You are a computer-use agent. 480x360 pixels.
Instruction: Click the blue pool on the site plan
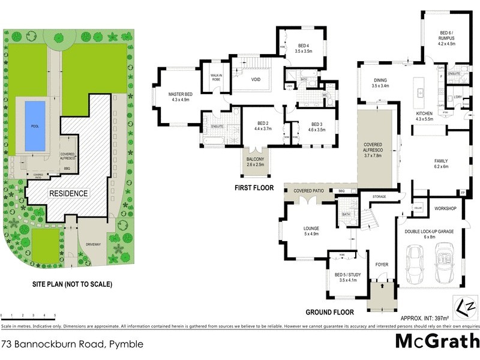point(35,125)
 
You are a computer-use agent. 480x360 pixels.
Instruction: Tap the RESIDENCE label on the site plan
point(68,193)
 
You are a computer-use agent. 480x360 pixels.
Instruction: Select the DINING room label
point(380,83)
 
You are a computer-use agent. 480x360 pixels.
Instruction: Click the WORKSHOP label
point(446,208)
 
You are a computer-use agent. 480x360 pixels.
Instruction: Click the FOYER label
point(382,264)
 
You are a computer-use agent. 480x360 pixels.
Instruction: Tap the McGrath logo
point(437,341)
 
